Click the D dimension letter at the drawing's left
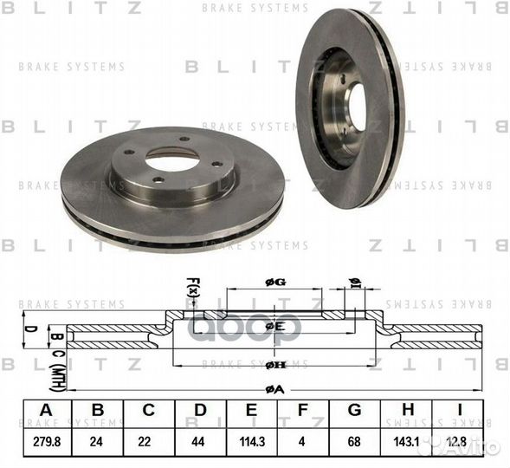click(x=29, y=330)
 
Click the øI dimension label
click(x=354, y=281)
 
